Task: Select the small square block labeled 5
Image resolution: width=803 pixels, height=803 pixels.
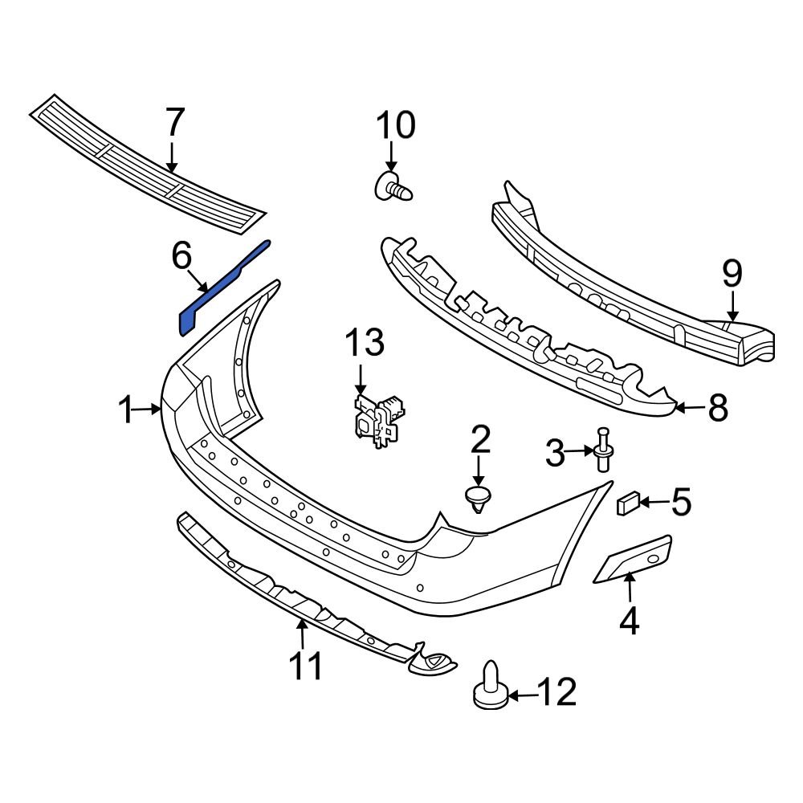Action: pos(626,504)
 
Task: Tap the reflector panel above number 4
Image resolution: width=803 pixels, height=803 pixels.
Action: pos(634,559)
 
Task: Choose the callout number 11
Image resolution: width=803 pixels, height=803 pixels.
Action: pos(305,666)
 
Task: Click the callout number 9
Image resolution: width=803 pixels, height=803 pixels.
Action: pos(732,275)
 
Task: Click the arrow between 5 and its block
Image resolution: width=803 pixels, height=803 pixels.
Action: pos(653,503)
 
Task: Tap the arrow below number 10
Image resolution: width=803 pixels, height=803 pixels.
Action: pos(391,154)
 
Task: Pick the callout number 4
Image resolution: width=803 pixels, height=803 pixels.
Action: pos(629,620)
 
